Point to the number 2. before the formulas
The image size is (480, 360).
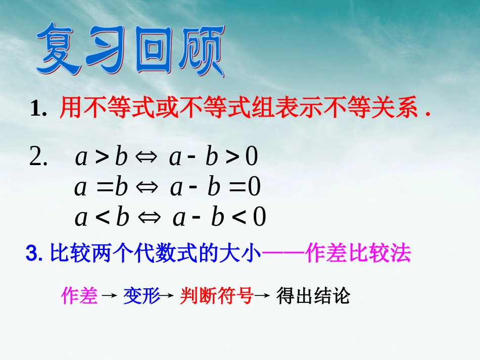(38, 158)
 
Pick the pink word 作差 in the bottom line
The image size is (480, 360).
(79, 296)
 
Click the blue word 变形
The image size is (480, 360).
(141, 296)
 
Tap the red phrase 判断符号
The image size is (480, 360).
(216, 296)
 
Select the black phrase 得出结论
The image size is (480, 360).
(313, 296)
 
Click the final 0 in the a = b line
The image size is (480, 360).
(254, 188)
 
